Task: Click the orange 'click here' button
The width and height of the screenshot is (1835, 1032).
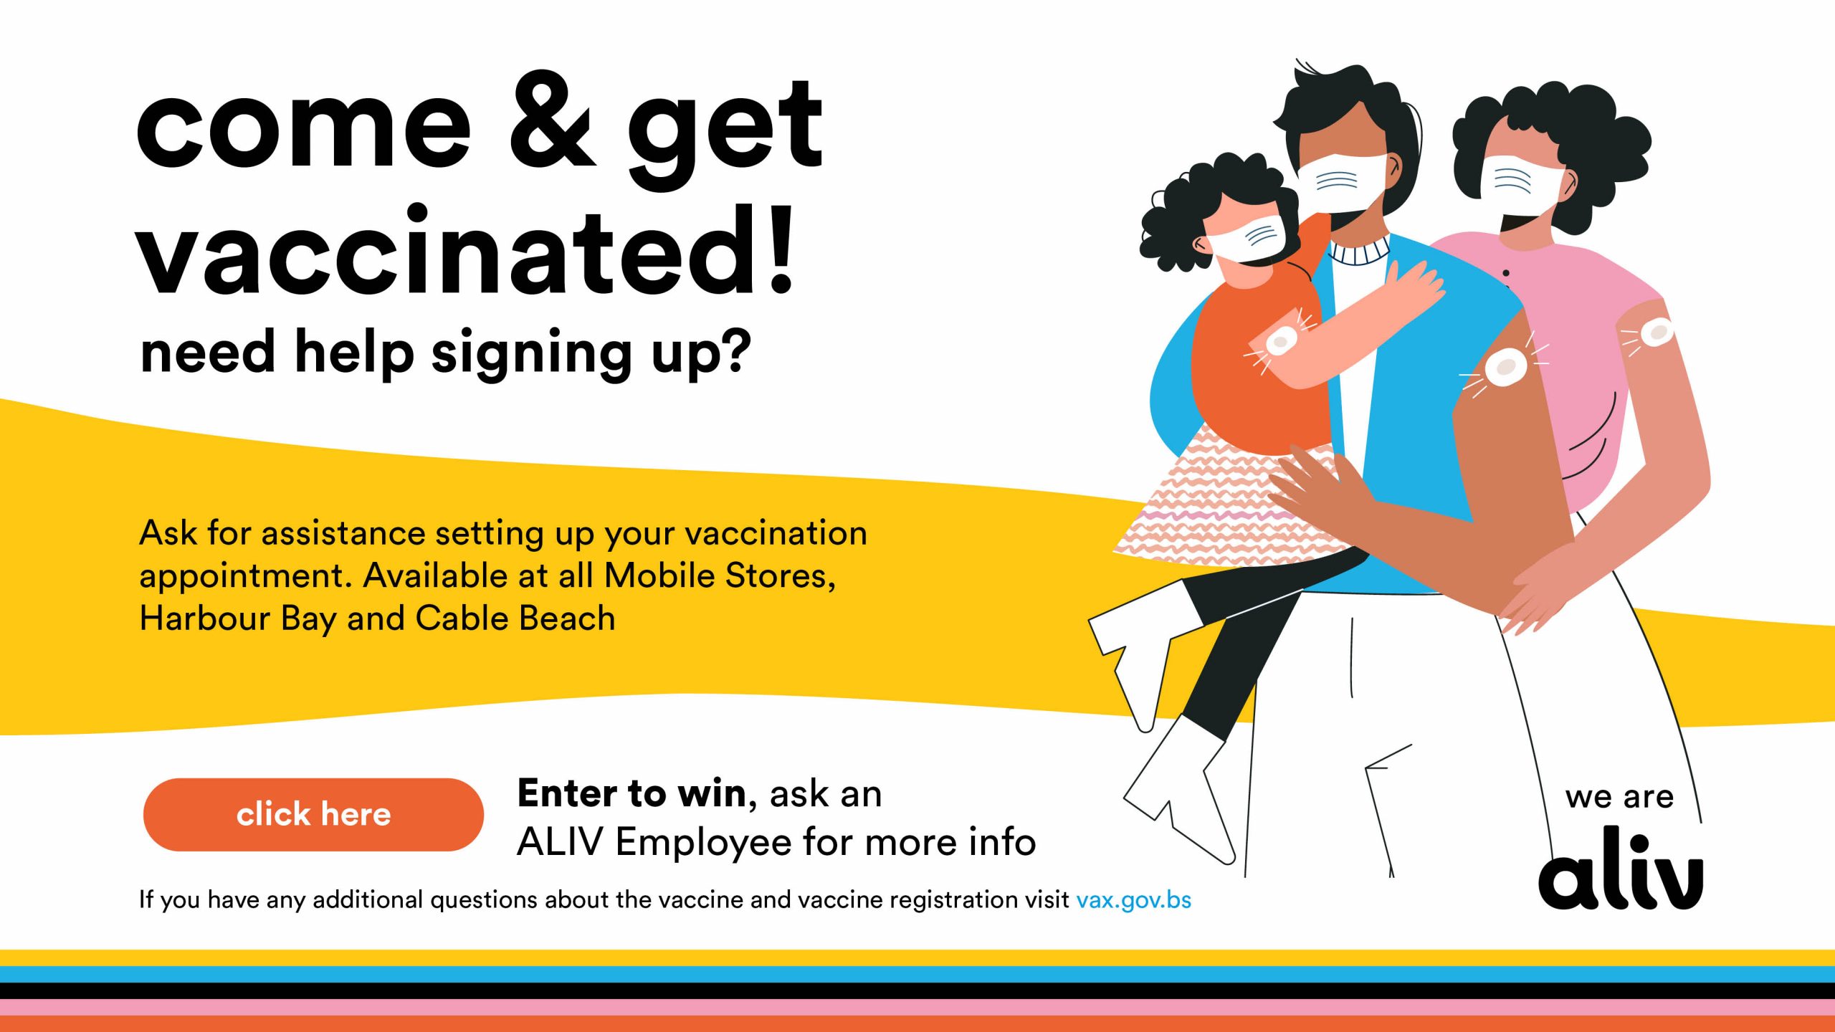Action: click(313, 814)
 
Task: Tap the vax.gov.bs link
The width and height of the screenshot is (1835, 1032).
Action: click(1133, 900)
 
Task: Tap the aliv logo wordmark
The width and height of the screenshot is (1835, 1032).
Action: click(1621, 869)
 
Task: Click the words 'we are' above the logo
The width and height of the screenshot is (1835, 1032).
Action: click(1619, 797)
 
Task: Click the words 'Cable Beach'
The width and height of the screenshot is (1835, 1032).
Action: click(515, 618)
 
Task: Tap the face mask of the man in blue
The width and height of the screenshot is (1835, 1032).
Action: click(1340, 183)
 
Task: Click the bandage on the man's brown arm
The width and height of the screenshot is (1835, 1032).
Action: click(1505, 368)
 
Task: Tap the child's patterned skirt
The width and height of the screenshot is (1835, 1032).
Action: click(1229, 502)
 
